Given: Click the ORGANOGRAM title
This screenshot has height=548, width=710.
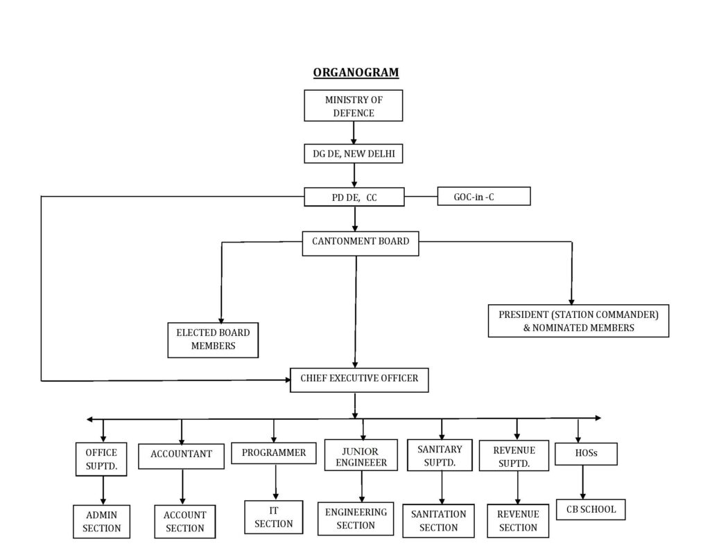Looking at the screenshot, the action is tap(356, 73).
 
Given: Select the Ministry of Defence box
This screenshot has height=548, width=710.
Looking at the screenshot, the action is tap(353, 105).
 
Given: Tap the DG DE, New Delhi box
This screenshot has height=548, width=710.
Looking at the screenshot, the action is tap(353, 153).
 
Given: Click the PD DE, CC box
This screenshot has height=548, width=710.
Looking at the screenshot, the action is tap(354, 197).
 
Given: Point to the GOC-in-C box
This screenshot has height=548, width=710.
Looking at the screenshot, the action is tap(483, 196).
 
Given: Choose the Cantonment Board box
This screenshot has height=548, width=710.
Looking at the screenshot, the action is tap(361, 243).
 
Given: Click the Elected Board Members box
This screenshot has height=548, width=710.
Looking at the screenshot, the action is tap(213, 340).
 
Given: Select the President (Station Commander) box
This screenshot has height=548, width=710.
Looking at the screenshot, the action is tap(578, 321).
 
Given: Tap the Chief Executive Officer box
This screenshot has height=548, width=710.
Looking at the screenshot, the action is tap(359, 380).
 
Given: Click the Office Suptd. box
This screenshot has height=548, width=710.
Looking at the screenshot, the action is tap(101, 459).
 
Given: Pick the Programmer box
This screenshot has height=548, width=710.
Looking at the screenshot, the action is tap(273, 453).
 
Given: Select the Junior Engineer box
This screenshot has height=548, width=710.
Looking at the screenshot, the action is tap(361, 454).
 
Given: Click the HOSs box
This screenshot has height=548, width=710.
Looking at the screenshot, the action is tap(586, 454).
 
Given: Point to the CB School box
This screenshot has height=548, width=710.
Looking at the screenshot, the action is tap(591, 509).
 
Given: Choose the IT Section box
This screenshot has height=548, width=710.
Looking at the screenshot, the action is tap(273, 517).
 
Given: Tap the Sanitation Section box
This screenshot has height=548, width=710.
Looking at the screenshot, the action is tap(438, 521).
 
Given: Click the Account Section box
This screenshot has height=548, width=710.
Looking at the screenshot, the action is tap(184, 522).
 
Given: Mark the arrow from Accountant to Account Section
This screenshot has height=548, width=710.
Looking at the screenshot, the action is tap(182, 487).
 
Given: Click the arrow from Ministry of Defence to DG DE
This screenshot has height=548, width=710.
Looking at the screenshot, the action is tap(354, 132).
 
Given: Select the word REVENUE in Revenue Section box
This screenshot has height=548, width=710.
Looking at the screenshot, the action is tap(518, 515).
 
